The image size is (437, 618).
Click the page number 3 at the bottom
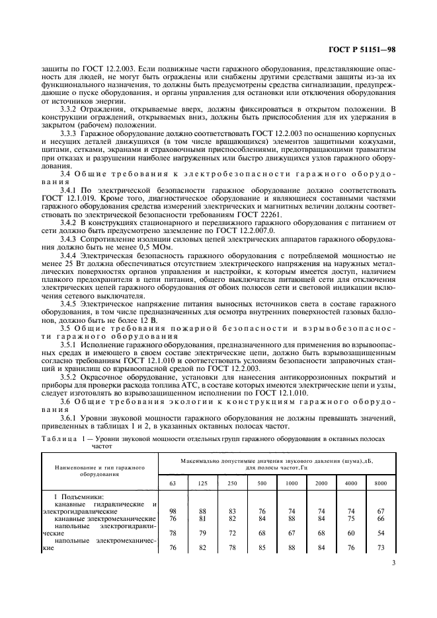(x=393, y=563)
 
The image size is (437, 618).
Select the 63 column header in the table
(x=173, y=483)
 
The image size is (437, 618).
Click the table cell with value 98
(x=173, y=511)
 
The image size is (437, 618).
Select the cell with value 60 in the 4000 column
(x=351, y=532)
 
